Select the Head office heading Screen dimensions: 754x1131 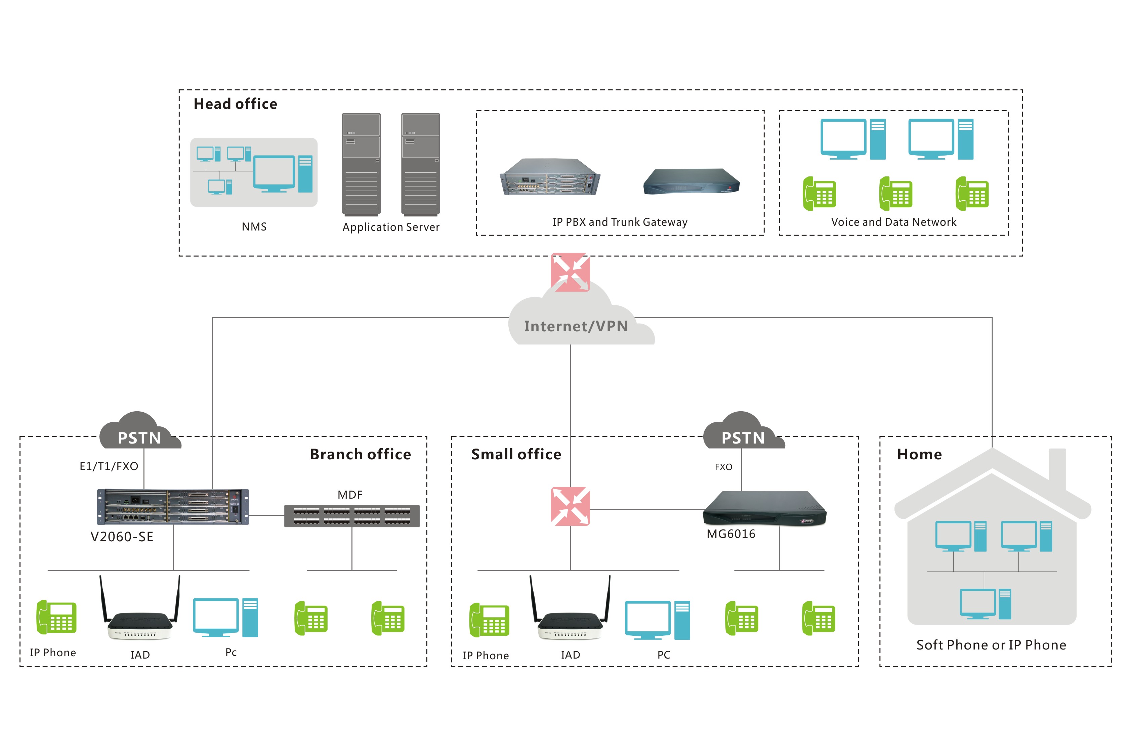[x=235, y=104]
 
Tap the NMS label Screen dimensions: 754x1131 [x=254, y=226]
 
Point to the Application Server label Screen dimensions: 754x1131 [x=390, y=227]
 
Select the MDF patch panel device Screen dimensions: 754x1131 [x=351, y=516]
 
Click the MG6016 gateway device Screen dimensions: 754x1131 [x=764, y=509]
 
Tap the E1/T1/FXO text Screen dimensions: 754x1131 [x=109, y=466]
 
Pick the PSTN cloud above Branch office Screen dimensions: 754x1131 [x=139, y=433]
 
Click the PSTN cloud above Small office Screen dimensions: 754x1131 [x=743, y=433]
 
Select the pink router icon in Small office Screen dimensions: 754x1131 [x=570, y=506]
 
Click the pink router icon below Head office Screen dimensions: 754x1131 [x=570, y=272]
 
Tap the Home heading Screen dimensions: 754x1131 [x=919, y=454]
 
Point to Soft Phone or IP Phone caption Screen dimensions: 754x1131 [x=991, y=645]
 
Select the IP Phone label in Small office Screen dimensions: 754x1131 [x=486, y=656]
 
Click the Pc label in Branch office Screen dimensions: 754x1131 [x=231, y=652]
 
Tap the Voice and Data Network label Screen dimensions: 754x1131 [x=893, y=222]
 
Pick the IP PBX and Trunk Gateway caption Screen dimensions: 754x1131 [x=620, y=222]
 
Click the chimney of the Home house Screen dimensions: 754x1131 [x=1057, y=466]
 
